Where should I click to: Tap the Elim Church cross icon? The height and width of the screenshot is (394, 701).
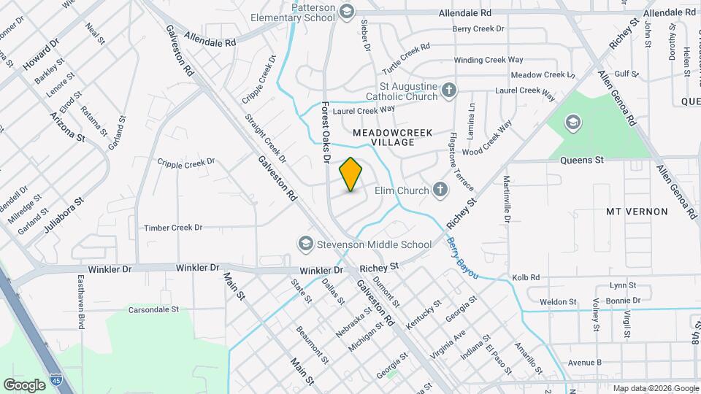coord(440,190)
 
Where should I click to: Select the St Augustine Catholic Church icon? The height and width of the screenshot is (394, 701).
coord(449,90)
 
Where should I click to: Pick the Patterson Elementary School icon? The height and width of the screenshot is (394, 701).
coord(346,11)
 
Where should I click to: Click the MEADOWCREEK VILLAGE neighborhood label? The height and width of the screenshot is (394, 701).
coord(392,137)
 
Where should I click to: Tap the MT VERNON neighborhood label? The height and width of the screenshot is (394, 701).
coord(637,212)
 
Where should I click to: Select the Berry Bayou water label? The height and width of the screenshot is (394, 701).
coord(462,257)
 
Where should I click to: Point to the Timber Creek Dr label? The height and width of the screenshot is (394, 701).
coord(172,228)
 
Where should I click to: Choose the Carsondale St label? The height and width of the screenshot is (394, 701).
coord(153,309)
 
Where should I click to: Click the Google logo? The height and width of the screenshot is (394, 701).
coord(25,385)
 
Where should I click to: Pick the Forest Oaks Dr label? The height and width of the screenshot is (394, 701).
coord(326,132)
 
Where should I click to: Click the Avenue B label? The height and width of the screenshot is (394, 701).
coord(584,362)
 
